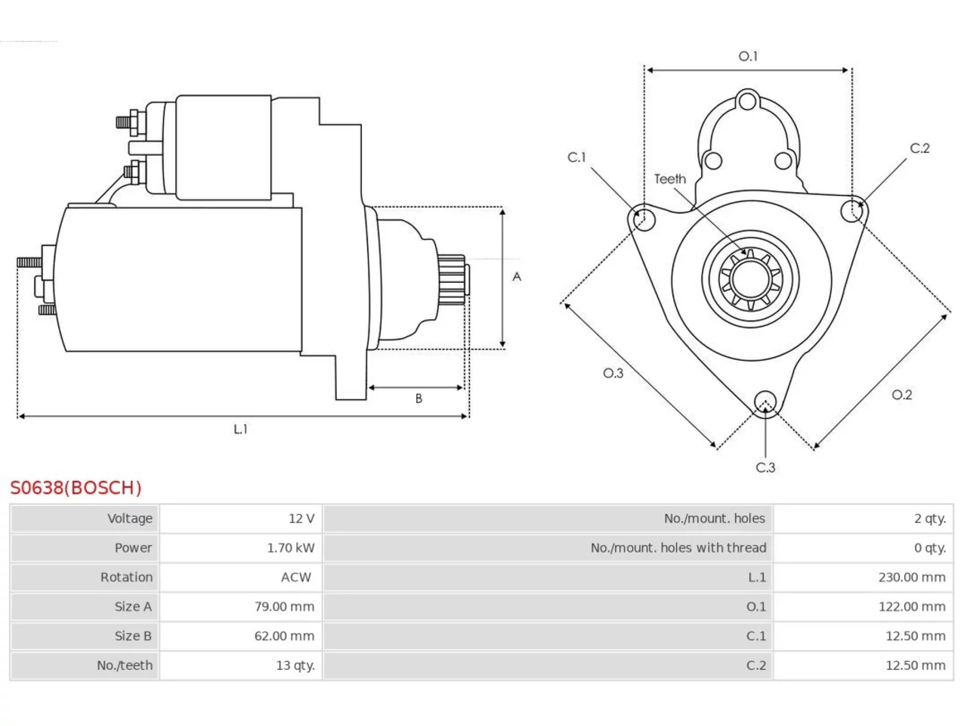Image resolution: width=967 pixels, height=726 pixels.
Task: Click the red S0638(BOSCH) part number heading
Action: point(76,488)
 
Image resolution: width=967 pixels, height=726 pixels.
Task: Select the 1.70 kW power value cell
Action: point(291,548)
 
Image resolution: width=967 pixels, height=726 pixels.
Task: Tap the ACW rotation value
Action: point(296,577)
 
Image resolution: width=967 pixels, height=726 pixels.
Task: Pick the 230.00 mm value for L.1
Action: point(912,577)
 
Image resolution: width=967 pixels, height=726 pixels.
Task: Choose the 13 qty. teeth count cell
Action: point(295,665)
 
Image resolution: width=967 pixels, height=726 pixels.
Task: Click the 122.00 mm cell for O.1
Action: point(912,607)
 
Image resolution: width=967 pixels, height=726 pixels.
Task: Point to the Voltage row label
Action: point(130,518)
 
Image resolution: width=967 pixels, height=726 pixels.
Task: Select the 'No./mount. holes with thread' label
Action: point(678,548)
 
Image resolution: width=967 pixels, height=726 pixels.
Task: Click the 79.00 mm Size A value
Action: point(284,607)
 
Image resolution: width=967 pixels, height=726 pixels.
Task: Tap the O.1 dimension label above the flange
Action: point(748,57)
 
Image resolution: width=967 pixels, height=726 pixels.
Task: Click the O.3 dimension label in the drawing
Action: point(613,374)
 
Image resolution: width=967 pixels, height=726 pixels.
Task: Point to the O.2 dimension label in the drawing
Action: point(902,395)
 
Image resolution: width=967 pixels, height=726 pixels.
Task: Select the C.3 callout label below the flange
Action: point(765,467)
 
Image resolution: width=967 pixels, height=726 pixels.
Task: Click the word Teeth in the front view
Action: point(670,179)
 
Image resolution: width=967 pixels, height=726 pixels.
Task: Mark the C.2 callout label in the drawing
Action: point(920,148)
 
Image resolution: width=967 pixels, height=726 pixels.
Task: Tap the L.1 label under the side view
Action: point(240,429)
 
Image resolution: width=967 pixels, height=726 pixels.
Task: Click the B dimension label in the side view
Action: point(419,399)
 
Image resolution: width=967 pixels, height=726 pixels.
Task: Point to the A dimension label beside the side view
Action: point(517,277)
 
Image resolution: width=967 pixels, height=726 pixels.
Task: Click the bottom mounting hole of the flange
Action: point(765,402)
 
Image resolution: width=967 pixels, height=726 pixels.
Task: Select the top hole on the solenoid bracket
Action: point(747,101)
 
